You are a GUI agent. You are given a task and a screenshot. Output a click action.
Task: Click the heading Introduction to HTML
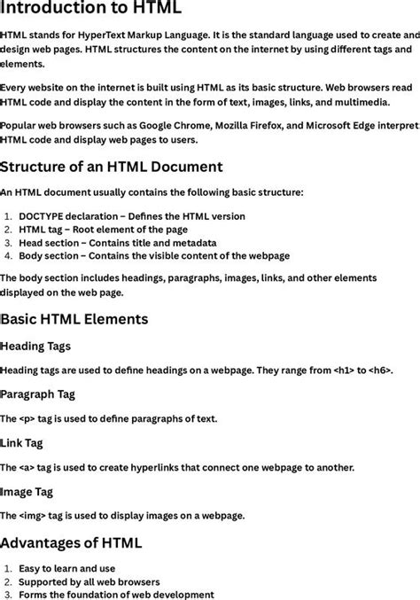[x=91, y=10]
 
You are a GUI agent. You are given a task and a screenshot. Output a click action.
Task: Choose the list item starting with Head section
[x=117, y=242]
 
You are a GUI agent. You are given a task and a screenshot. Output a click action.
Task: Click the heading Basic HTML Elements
[x=75, y=319]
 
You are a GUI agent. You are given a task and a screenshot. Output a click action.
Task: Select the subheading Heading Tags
[x=36, y=346]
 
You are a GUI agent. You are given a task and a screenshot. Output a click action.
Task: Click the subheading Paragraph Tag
[x=38, y=394]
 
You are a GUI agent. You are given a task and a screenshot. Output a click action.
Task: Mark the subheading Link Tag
[x=23, y=442]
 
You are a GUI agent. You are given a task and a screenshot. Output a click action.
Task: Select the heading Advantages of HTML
[x=71, y=542]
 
